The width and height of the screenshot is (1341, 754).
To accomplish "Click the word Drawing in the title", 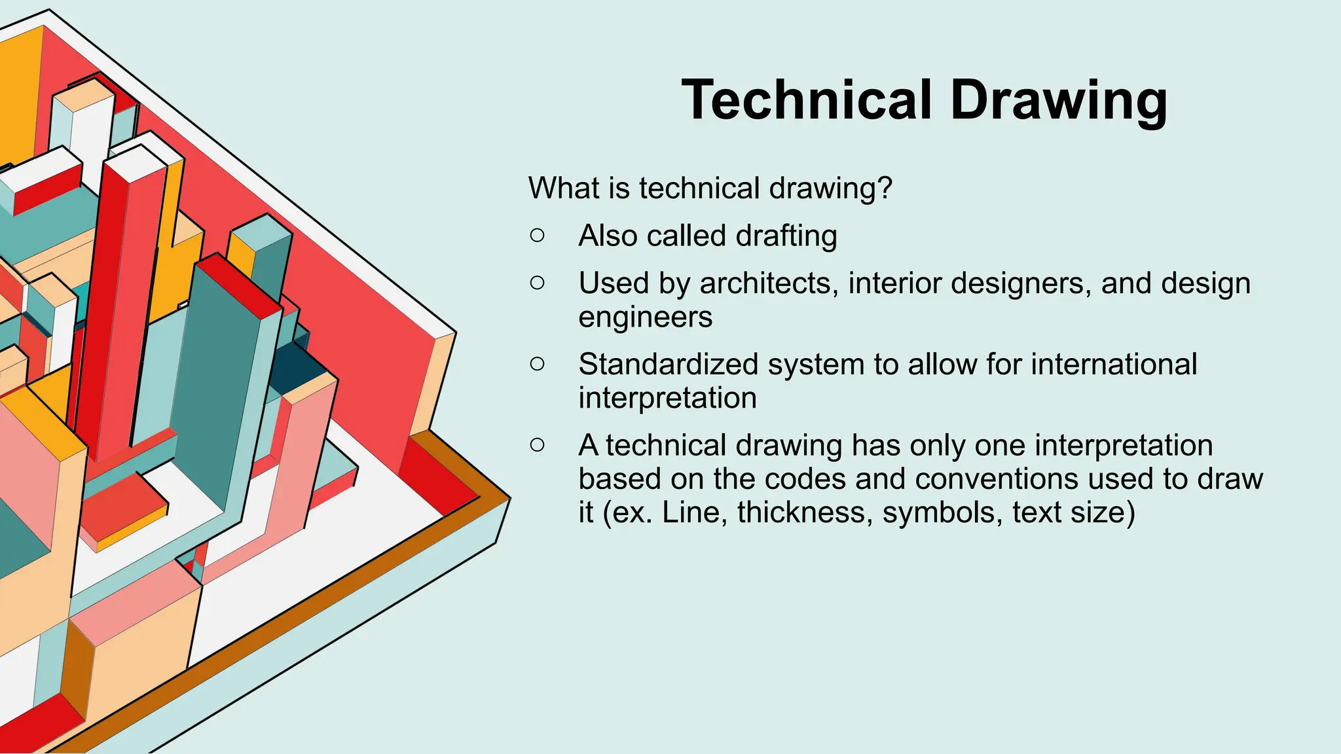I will pos(1058,101).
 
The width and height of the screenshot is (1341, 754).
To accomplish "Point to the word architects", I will pos(765,283).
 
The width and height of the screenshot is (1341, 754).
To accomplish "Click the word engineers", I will pos(645,318).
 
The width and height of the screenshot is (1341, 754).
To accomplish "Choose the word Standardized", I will pos(668,364).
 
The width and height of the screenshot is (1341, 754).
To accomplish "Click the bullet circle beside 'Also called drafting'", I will pos(537,236).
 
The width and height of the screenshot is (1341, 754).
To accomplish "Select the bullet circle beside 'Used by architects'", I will pos(537,283).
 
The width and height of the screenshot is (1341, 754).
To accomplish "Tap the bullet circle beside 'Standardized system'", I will pos(537,364).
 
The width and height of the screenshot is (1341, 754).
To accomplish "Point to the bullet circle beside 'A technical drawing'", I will pos(537,445).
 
